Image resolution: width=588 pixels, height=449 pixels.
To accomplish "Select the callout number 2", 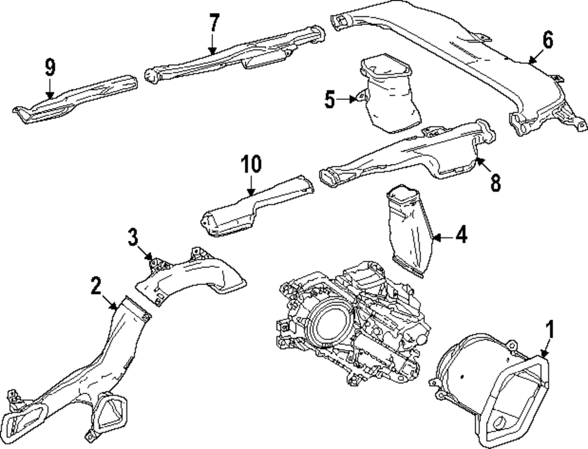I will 96,286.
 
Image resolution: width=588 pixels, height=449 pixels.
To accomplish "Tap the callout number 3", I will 133,238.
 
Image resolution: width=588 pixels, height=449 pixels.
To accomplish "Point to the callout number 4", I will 461,236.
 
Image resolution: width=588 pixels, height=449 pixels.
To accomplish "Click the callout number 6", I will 547,40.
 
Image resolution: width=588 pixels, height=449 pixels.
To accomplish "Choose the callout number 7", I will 213,24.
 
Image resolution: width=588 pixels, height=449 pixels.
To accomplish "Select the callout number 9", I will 50,68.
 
